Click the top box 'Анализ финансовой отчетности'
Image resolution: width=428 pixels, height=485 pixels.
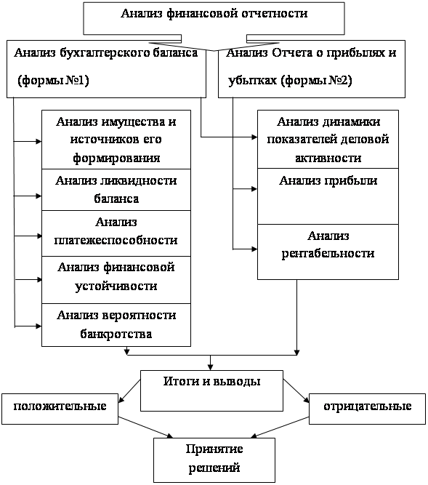click(x=214, y=19)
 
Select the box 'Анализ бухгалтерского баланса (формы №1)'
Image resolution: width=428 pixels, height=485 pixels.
click(x=106, y=69)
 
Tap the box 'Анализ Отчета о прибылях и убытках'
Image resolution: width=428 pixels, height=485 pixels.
click(x=312, y=69)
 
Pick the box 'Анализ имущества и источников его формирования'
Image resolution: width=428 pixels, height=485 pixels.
click(x=116, y=140)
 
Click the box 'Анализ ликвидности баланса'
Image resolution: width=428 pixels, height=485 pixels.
click(x=116, y=190)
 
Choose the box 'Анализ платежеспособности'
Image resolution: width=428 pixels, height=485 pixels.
click(x=116, y=233)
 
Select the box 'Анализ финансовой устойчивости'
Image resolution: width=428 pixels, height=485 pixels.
click(x=116, y=280)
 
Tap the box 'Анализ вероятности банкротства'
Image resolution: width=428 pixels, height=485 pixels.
click(x=116, y=325)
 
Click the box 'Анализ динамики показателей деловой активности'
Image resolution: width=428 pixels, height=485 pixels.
click(x=328, y=139)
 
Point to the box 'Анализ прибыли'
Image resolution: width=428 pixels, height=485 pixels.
click(x=328, y=196)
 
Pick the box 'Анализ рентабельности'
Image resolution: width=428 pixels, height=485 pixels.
click(x=328, y=252)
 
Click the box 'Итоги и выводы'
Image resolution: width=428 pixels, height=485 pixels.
click(x=211, y=390)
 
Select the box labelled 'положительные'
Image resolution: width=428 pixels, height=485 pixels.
click(x=60, y=409)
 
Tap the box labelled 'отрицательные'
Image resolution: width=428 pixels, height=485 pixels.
click(x=368, y=409)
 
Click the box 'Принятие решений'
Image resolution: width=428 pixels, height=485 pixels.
click(x=214, y=460)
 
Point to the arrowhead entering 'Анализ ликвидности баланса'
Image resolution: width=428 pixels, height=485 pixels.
click(x=39, y=196)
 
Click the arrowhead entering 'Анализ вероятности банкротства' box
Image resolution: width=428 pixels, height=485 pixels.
click(x=39, y=326)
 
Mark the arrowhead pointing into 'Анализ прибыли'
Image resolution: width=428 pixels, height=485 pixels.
click(x=254, y=189)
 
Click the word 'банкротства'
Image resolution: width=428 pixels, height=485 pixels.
click(x=116, y=334)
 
